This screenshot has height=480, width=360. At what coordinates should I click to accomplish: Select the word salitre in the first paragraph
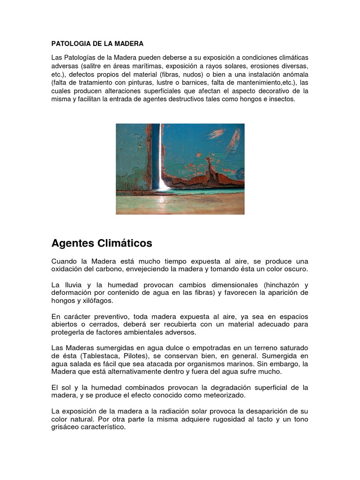click(93, 66)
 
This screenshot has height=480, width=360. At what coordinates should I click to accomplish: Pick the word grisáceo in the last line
click(67, 427)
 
